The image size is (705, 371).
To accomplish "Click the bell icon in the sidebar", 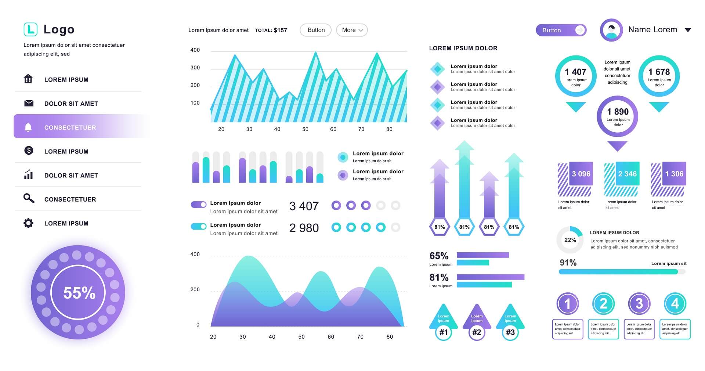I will click(x=28, y=127).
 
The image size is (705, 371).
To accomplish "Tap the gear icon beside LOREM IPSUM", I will click(x=28, y=223).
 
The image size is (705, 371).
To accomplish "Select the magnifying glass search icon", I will click(x=29, y=198).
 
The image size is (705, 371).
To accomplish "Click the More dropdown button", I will click(x=352, y=30).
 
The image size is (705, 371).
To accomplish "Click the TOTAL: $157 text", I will click(x=271, y=30).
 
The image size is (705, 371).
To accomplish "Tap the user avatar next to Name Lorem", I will click(x=611, y=30).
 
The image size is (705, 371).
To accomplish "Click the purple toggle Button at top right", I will click(x=561, y=30).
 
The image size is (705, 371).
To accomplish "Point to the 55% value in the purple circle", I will click(x=79, y=293).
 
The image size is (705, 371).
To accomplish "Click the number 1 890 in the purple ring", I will click(x=618, y=112).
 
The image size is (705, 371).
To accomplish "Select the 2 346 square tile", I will click(x=627, y=174).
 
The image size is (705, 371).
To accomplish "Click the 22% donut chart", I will click(x=570, y=240).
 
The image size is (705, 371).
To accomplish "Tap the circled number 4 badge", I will click(x=675, y=304).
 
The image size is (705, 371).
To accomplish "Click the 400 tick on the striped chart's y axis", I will click(x=195, y=50).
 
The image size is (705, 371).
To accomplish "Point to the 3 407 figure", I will click(x=304, y=206).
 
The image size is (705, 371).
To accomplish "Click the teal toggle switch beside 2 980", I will click(x=199, y=226).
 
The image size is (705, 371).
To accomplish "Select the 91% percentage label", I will click(x=568, y=263).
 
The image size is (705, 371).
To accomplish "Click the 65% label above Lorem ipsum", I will click(x=439, y=256).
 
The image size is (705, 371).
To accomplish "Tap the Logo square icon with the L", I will click(x=30, y=29).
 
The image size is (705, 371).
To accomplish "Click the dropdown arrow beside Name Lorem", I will click(x=688, y=30).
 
